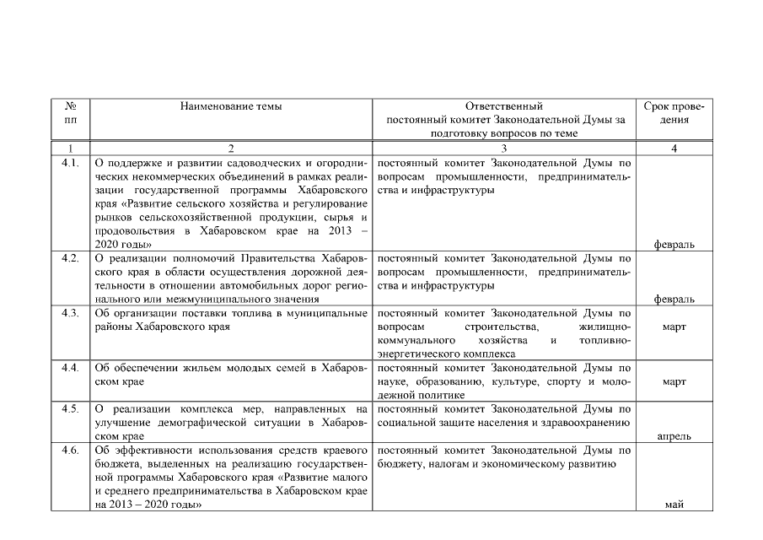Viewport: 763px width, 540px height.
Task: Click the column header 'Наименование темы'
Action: pyautogui.click(x=231, y=106)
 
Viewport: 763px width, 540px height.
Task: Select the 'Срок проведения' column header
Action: pyautogui.click(x=673, y=113)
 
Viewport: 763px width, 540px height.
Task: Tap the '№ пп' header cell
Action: pyautogui.click(x=71, y=113)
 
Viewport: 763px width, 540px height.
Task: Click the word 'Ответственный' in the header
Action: pyautogui.click(x=504, y=106)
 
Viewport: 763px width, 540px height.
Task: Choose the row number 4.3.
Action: pyautogui.click(x=71, y=313)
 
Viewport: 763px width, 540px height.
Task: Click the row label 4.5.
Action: pyautogui.click(x=71, y=409)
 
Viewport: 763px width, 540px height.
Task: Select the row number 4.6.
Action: pyautogui.click(x=71, y=450)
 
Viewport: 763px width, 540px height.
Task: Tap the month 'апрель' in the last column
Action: pyautogui.click(x=673, y=436)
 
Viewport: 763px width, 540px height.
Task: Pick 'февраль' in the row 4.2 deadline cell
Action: pyautogui.click(x=673, y=300)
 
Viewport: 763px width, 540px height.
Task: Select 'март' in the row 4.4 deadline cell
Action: pyautogui.click(x=673, y=381)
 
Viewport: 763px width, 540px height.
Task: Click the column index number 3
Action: pyautogui.click(x=504, y=148)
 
